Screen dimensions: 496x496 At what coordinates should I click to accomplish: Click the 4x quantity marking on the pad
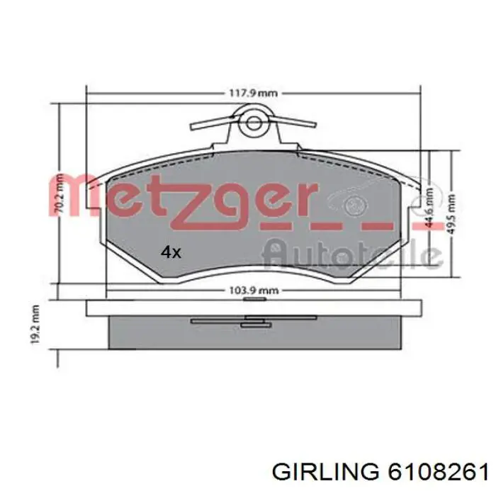click(171, 252)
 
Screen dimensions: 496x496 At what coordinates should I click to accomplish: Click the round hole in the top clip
click(252, 125)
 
